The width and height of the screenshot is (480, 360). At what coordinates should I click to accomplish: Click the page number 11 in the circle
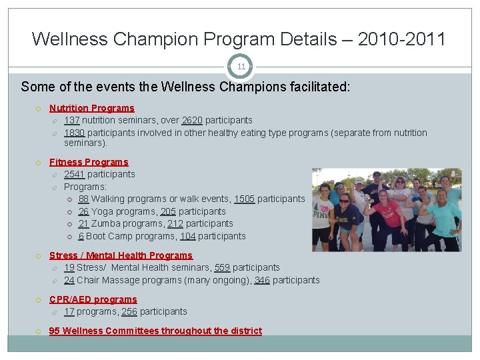[x=241, y=67]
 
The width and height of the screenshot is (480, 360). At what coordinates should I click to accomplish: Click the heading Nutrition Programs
[x=91, y=108]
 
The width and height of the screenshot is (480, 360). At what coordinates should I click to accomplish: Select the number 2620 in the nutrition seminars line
[x=191, y=120]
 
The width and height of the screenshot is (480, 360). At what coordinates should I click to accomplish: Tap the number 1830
[x=74, y=133]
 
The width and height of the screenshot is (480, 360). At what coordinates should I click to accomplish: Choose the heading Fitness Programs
[x=89, y=162]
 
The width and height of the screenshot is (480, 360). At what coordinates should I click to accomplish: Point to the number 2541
[x=74, y=174]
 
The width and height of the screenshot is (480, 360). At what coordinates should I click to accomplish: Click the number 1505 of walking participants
[x=244, y=199]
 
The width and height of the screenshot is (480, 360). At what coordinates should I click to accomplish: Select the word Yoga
[x=103, y=211]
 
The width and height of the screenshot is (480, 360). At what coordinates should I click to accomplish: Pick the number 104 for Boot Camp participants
[x=187, y=236]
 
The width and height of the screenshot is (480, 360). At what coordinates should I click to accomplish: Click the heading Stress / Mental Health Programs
[x=121, y=255]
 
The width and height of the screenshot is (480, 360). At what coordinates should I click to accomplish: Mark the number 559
[x=222, y=267]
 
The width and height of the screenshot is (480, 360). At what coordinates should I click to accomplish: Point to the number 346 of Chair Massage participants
[x=262, y=280]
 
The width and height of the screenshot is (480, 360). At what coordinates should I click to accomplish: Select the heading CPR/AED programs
[x=93, y=299]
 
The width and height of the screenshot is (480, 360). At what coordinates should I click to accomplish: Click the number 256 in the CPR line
[x=130, y=311]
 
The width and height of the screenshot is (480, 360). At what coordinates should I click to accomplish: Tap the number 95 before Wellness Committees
[x=55, y=331]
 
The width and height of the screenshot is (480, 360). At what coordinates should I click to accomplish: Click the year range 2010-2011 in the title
[x=401, y=39]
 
